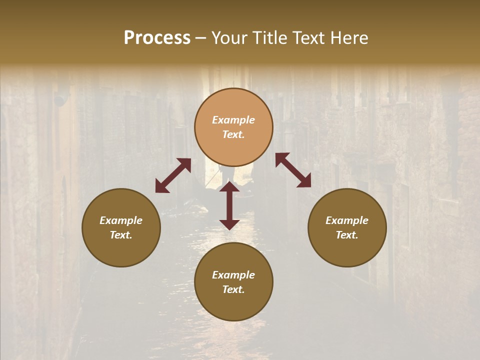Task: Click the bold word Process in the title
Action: [x=157, y=38]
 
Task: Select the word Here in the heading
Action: [x=348, y=38]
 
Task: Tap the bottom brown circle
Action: [x=233, y=305]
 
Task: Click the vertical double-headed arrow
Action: [x=229, y=205]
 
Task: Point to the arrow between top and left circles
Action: [x=173, y=175]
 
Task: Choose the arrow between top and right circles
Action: [x=293, y=170]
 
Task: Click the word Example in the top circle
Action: [x=233, y=120]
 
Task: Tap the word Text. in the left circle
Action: [x=121, y=235]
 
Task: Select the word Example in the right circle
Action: [x=347, y=220]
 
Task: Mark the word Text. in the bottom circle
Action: [x=233, y=289]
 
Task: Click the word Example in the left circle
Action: [x=121, y=220]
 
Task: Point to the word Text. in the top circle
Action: [x=233, y=134]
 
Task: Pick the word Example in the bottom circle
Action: [x=233, y=275]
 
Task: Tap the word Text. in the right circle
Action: [x=347, y=235]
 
